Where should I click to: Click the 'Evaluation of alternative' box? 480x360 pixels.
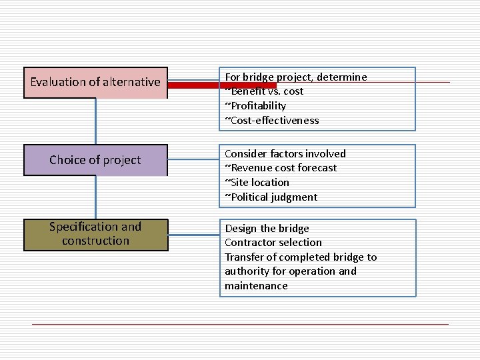[x=95, y=83]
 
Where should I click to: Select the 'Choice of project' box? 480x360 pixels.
[x=95, y=160]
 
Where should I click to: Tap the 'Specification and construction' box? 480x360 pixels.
[x=95, y=234]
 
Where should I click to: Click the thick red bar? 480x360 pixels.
[x=221, y=85]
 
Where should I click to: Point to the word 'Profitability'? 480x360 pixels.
[x=258, y=106]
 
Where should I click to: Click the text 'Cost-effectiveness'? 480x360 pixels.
[x=275, y=121]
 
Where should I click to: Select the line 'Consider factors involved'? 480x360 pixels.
[x=285, y=153]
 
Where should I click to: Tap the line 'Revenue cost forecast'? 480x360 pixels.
[x=283, y=168]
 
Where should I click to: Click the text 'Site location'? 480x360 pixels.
[x=260, y=183]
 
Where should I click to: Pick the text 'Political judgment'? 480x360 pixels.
[x=274, y=197]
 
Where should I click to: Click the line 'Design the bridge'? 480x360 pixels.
[x=267, y=229]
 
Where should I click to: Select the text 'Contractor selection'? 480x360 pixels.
[x=273, y=243]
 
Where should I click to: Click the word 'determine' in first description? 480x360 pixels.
[x=342, y=77]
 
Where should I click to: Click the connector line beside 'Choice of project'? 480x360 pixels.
[x=193, y=160]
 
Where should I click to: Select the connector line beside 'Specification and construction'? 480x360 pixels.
[x=193, y=235]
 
